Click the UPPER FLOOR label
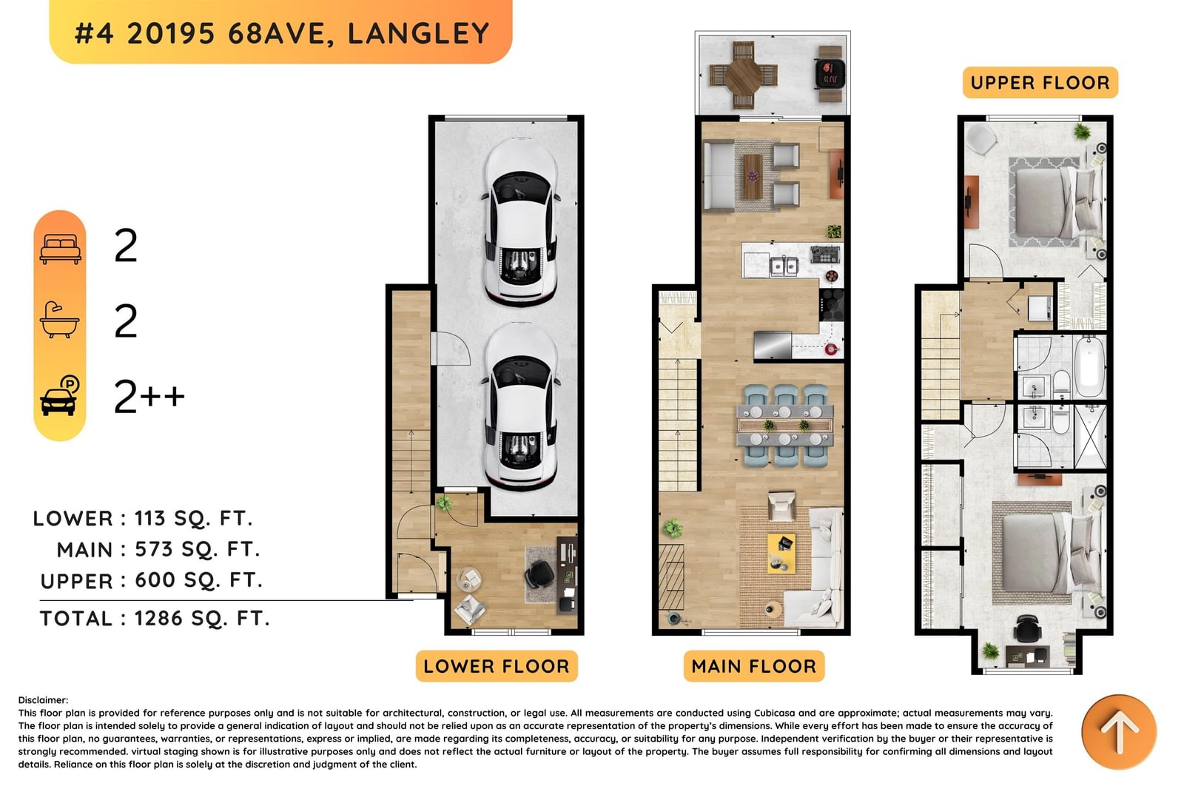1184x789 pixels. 1040,82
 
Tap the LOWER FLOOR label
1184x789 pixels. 497,666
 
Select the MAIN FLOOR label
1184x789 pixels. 754,666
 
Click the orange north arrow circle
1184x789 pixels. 1119,732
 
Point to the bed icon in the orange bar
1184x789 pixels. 60,249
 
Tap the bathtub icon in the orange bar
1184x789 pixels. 60,320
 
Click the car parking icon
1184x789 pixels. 59,395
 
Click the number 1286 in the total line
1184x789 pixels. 158,618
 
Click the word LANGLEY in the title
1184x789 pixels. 418,34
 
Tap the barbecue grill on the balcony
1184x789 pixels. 830,73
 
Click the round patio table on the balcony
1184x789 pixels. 743,75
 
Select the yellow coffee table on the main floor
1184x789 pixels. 781,553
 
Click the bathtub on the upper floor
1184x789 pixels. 1090,366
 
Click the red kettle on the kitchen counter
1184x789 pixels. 831,349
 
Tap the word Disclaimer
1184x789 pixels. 43,700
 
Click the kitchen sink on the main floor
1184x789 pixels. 784,266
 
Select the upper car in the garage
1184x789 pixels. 521,222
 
